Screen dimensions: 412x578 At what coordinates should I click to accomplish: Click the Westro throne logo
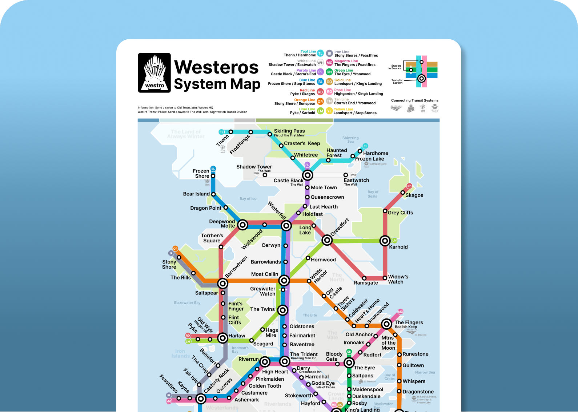(154, 73)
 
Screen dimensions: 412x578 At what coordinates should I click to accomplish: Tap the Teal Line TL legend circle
(320, 53)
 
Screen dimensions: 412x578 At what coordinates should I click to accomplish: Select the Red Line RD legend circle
(320, 92)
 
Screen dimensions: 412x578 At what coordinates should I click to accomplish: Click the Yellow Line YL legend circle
(329, 111)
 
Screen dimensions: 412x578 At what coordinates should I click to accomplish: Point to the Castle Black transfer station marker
(308, 175)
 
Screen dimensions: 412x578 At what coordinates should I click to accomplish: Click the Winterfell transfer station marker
(286, 226)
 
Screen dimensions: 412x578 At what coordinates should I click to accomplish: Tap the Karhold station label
(398, 247)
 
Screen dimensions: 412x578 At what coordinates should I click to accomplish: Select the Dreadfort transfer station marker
(327, 240)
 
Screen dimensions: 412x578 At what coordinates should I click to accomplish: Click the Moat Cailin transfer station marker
(284, 280)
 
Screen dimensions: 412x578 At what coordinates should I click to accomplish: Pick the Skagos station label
(414, 195)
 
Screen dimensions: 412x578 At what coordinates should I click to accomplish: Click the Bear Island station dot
(213, 194)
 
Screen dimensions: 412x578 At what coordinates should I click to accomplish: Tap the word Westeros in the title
(216, 67)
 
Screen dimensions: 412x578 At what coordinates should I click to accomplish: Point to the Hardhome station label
(376, 153)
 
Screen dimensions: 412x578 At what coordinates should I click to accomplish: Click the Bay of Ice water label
(248, 199)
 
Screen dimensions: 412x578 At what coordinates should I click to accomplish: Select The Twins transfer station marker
(283, 310)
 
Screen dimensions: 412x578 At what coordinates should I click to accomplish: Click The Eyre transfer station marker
(349, 363)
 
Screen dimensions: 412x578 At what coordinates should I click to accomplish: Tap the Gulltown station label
(413, 365)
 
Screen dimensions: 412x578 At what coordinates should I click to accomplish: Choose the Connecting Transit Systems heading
(414, 100)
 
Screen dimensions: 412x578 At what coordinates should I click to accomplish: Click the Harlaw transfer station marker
(223, 338)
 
